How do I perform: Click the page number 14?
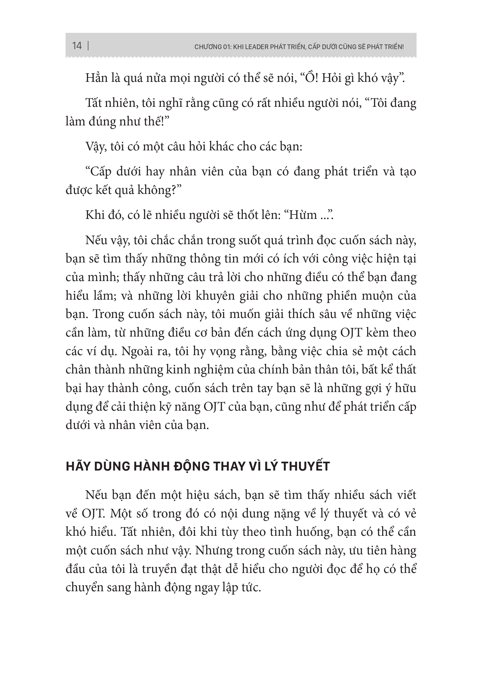coord(77,46)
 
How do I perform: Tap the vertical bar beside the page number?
coord(88,46)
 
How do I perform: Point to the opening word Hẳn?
coord(96,79)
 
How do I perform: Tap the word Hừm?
coord(302,215)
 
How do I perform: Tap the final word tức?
coord(252,587)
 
